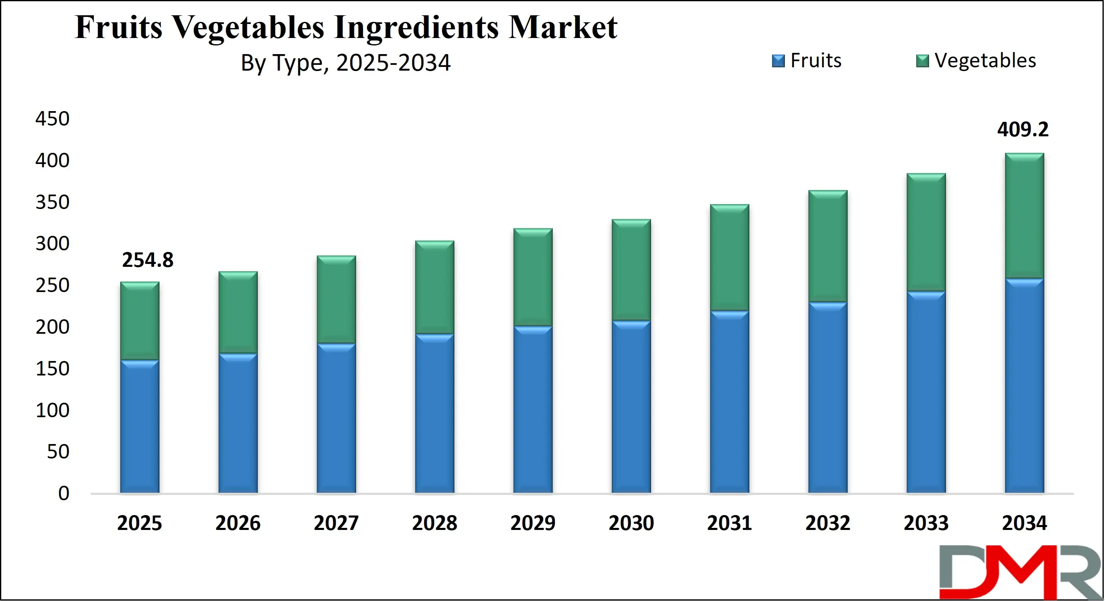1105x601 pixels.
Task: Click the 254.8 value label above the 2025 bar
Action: [147, 260]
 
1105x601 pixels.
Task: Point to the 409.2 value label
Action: [1023, 130]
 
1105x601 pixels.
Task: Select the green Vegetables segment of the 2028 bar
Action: [435, 287]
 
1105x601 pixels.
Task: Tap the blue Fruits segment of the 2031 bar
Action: [729, 401]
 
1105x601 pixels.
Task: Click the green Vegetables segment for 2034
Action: [1024, 215]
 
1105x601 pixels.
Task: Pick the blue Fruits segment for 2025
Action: [139, 426]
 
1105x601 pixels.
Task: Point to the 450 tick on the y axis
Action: [52, 119]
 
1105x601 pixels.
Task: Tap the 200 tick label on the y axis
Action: [52, 327]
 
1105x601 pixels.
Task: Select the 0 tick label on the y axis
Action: [64, 494]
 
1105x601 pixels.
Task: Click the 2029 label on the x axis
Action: [533, 523]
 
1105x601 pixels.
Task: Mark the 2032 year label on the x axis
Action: [827, 523]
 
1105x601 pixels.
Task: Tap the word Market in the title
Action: [563, 27]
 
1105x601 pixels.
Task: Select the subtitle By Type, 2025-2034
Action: [346, 63]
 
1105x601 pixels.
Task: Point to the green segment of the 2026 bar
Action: [238, 312]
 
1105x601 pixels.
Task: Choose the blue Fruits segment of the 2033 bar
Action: [926, 392]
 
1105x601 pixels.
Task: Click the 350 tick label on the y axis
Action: [52, 202]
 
